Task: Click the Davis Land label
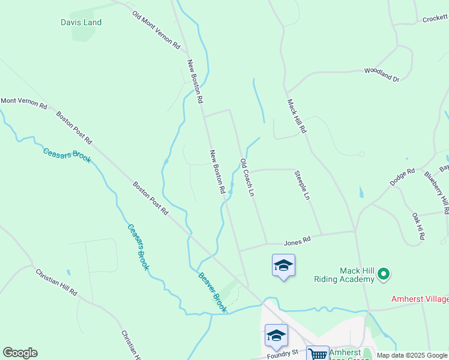click(x=81, y=23)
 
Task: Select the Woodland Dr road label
click(x=381, y=74)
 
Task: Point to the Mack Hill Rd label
click(x=297, y=116)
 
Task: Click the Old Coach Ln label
click(x=247, y=178)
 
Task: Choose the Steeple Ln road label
click(x=302, y=185)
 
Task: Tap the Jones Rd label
click(x=297, y=241)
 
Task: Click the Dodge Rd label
click(x=402, y=177)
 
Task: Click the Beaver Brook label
click(x=212, y=292)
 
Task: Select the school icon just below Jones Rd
click(x=283, y=265)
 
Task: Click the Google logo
click(x=20, y=353)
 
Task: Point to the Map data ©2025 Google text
click(x=412, y=355)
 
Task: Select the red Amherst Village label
click(x=420, y=298)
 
